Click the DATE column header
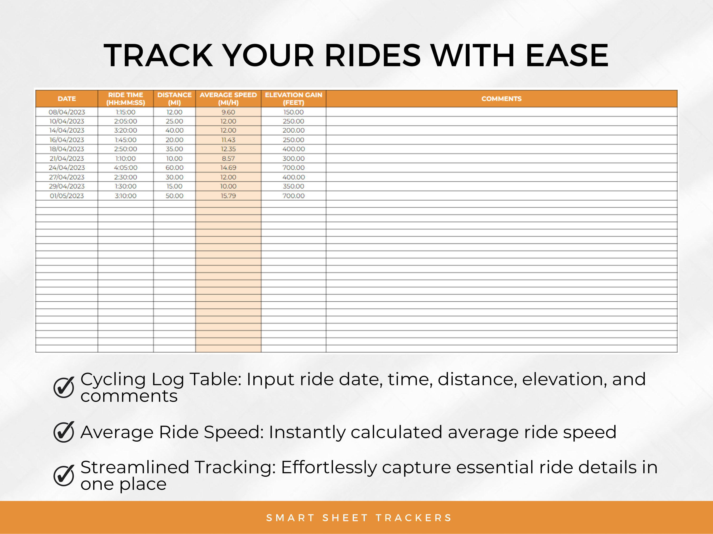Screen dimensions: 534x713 (x=67, y=99)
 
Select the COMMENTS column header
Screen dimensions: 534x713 (x=501, y=99)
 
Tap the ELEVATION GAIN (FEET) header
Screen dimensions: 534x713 (x=293, y=99)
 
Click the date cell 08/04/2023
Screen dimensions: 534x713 (x=67, y=112)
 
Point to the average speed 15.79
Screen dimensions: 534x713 (x=228, y=196)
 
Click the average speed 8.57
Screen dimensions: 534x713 (x=228, y=158)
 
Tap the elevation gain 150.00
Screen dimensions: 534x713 (x=293, y=112)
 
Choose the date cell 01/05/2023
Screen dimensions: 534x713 (x=67, y=196)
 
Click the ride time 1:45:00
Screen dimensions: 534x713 (x=125, y=140)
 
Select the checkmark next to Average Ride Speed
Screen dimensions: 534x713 (x=64, y=432)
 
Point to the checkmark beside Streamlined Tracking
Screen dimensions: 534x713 (x=64, y=475)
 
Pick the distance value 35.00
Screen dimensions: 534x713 (x=174, y=149)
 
